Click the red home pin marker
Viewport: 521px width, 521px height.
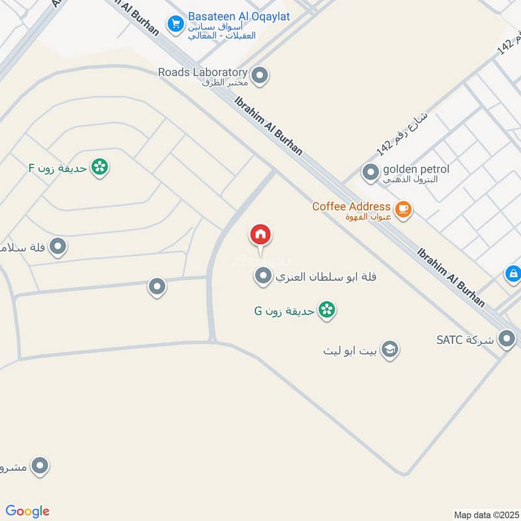pos(260,235)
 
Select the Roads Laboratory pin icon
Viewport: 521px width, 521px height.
pos(260,76)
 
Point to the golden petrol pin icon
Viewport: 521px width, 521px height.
pos(371,173)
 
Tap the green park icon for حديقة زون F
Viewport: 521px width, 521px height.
pos(100,167)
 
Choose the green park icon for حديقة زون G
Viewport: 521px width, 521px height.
pos(327,310)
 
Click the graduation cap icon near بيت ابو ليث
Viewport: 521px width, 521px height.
pos(390,350)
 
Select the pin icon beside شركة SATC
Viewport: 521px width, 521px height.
pos(506,339)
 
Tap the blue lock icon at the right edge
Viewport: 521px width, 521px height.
pos(513,274)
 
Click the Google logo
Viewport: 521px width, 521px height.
pos(27,511)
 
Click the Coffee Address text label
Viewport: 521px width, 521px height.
pos(351,206)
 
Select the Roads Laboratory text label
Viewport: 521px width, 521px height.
pos(203,72)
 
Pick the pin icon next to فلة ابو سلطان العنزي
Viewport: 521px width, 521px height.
pos(262,277)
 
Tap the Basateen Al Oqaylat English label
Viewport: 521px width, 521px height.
pos(238,16)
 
